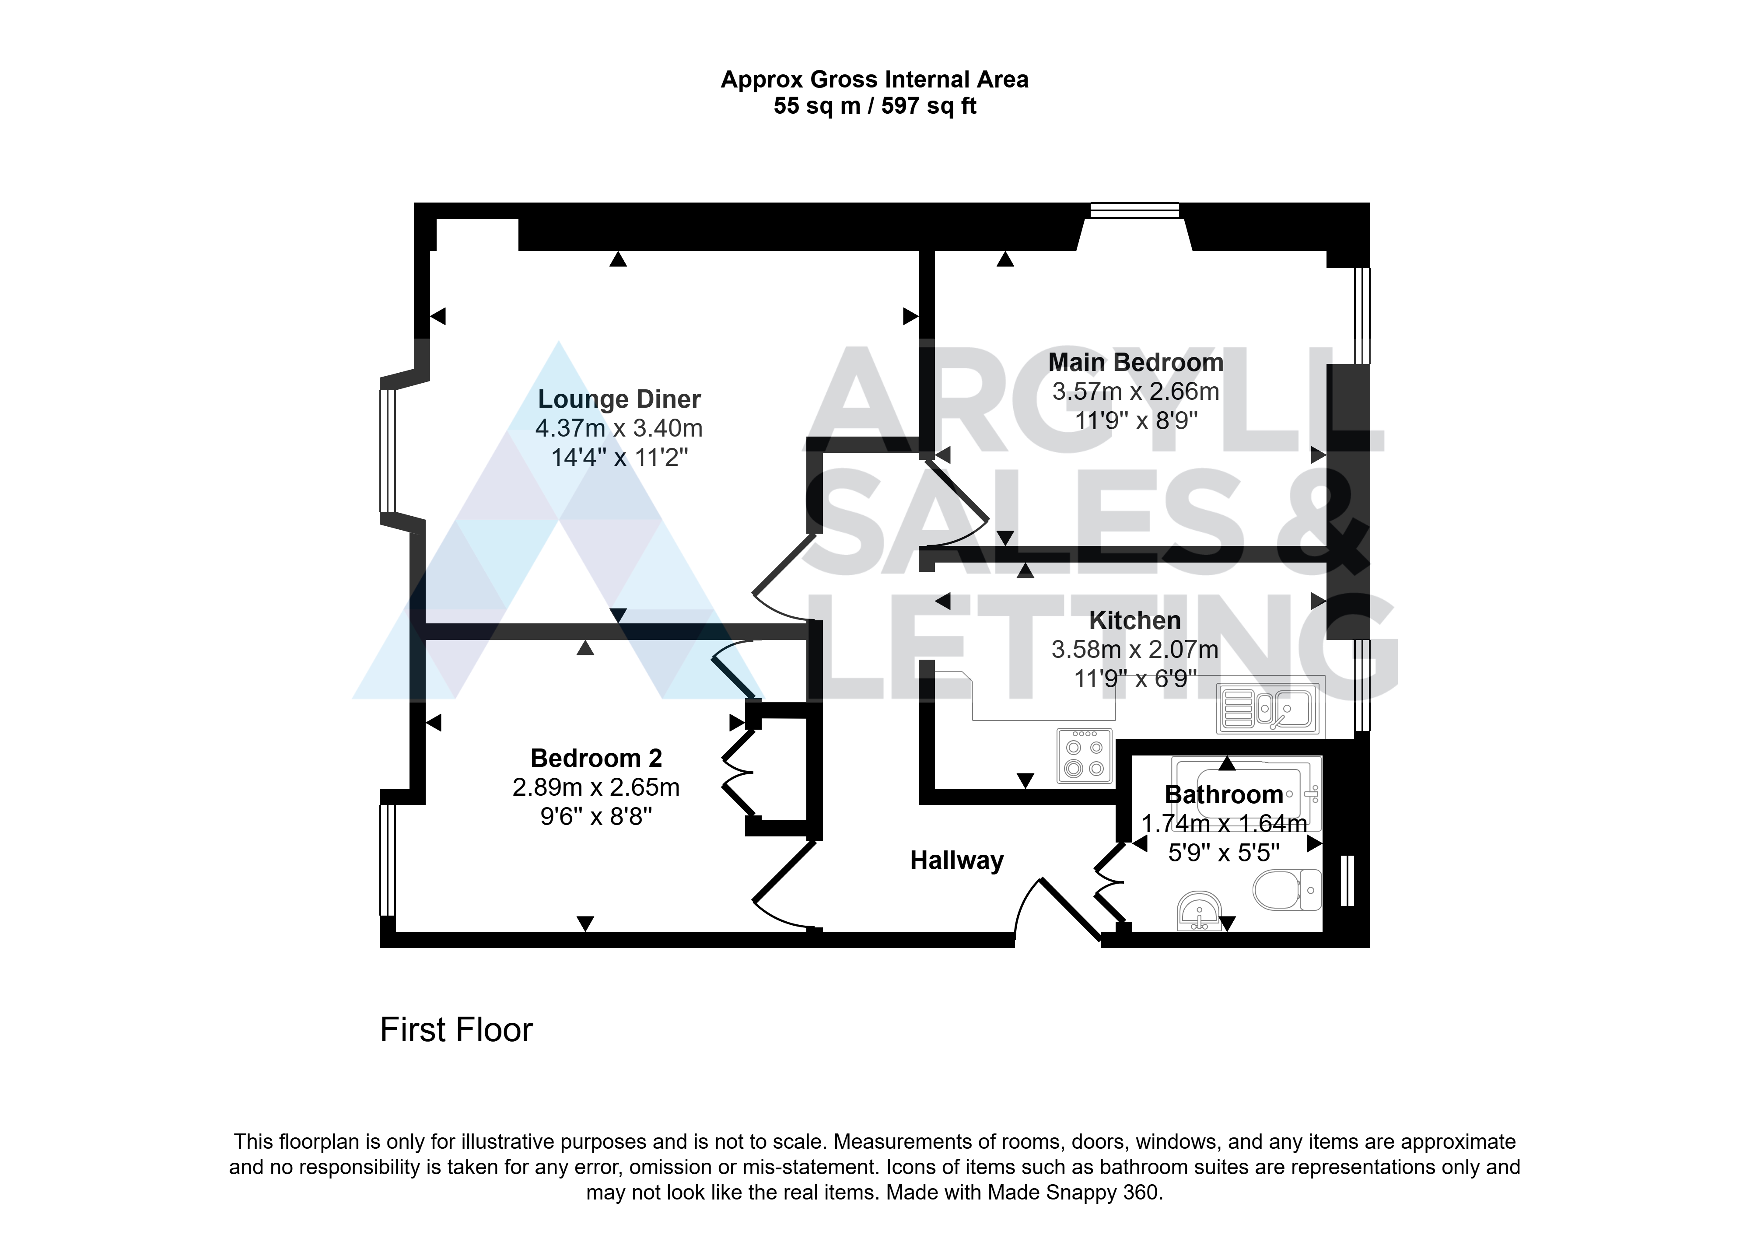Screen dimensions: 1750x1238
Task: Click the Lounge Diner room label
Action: (619, 399)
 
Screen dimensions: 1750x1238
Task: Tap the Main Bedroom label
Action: (1136, 362)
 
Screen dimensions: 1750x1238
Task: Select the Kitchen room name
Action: (1135, 620)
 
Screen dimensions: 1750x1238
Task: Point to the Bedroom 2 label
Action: (596, 759)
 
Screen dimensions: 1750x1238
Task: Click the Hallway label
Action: (956, 860)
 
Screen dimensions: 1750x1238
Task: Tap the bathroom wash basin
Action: (1199, 912)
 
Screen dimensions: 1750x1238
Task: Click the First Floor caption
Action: (457, 1030)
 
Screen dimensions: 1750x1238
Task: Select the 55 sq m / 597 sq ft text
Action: (875, 106)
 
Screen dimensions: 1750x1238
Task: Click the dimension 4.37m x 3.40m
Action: (619, 428)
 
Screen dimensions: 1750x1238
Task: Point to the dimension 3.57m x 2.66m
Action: (1136, 392)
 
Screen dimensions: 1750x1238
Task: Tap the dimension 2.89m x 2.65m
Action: (596, 787)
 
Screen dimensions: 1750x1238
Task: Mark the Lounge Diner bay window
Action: (388, 450)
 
